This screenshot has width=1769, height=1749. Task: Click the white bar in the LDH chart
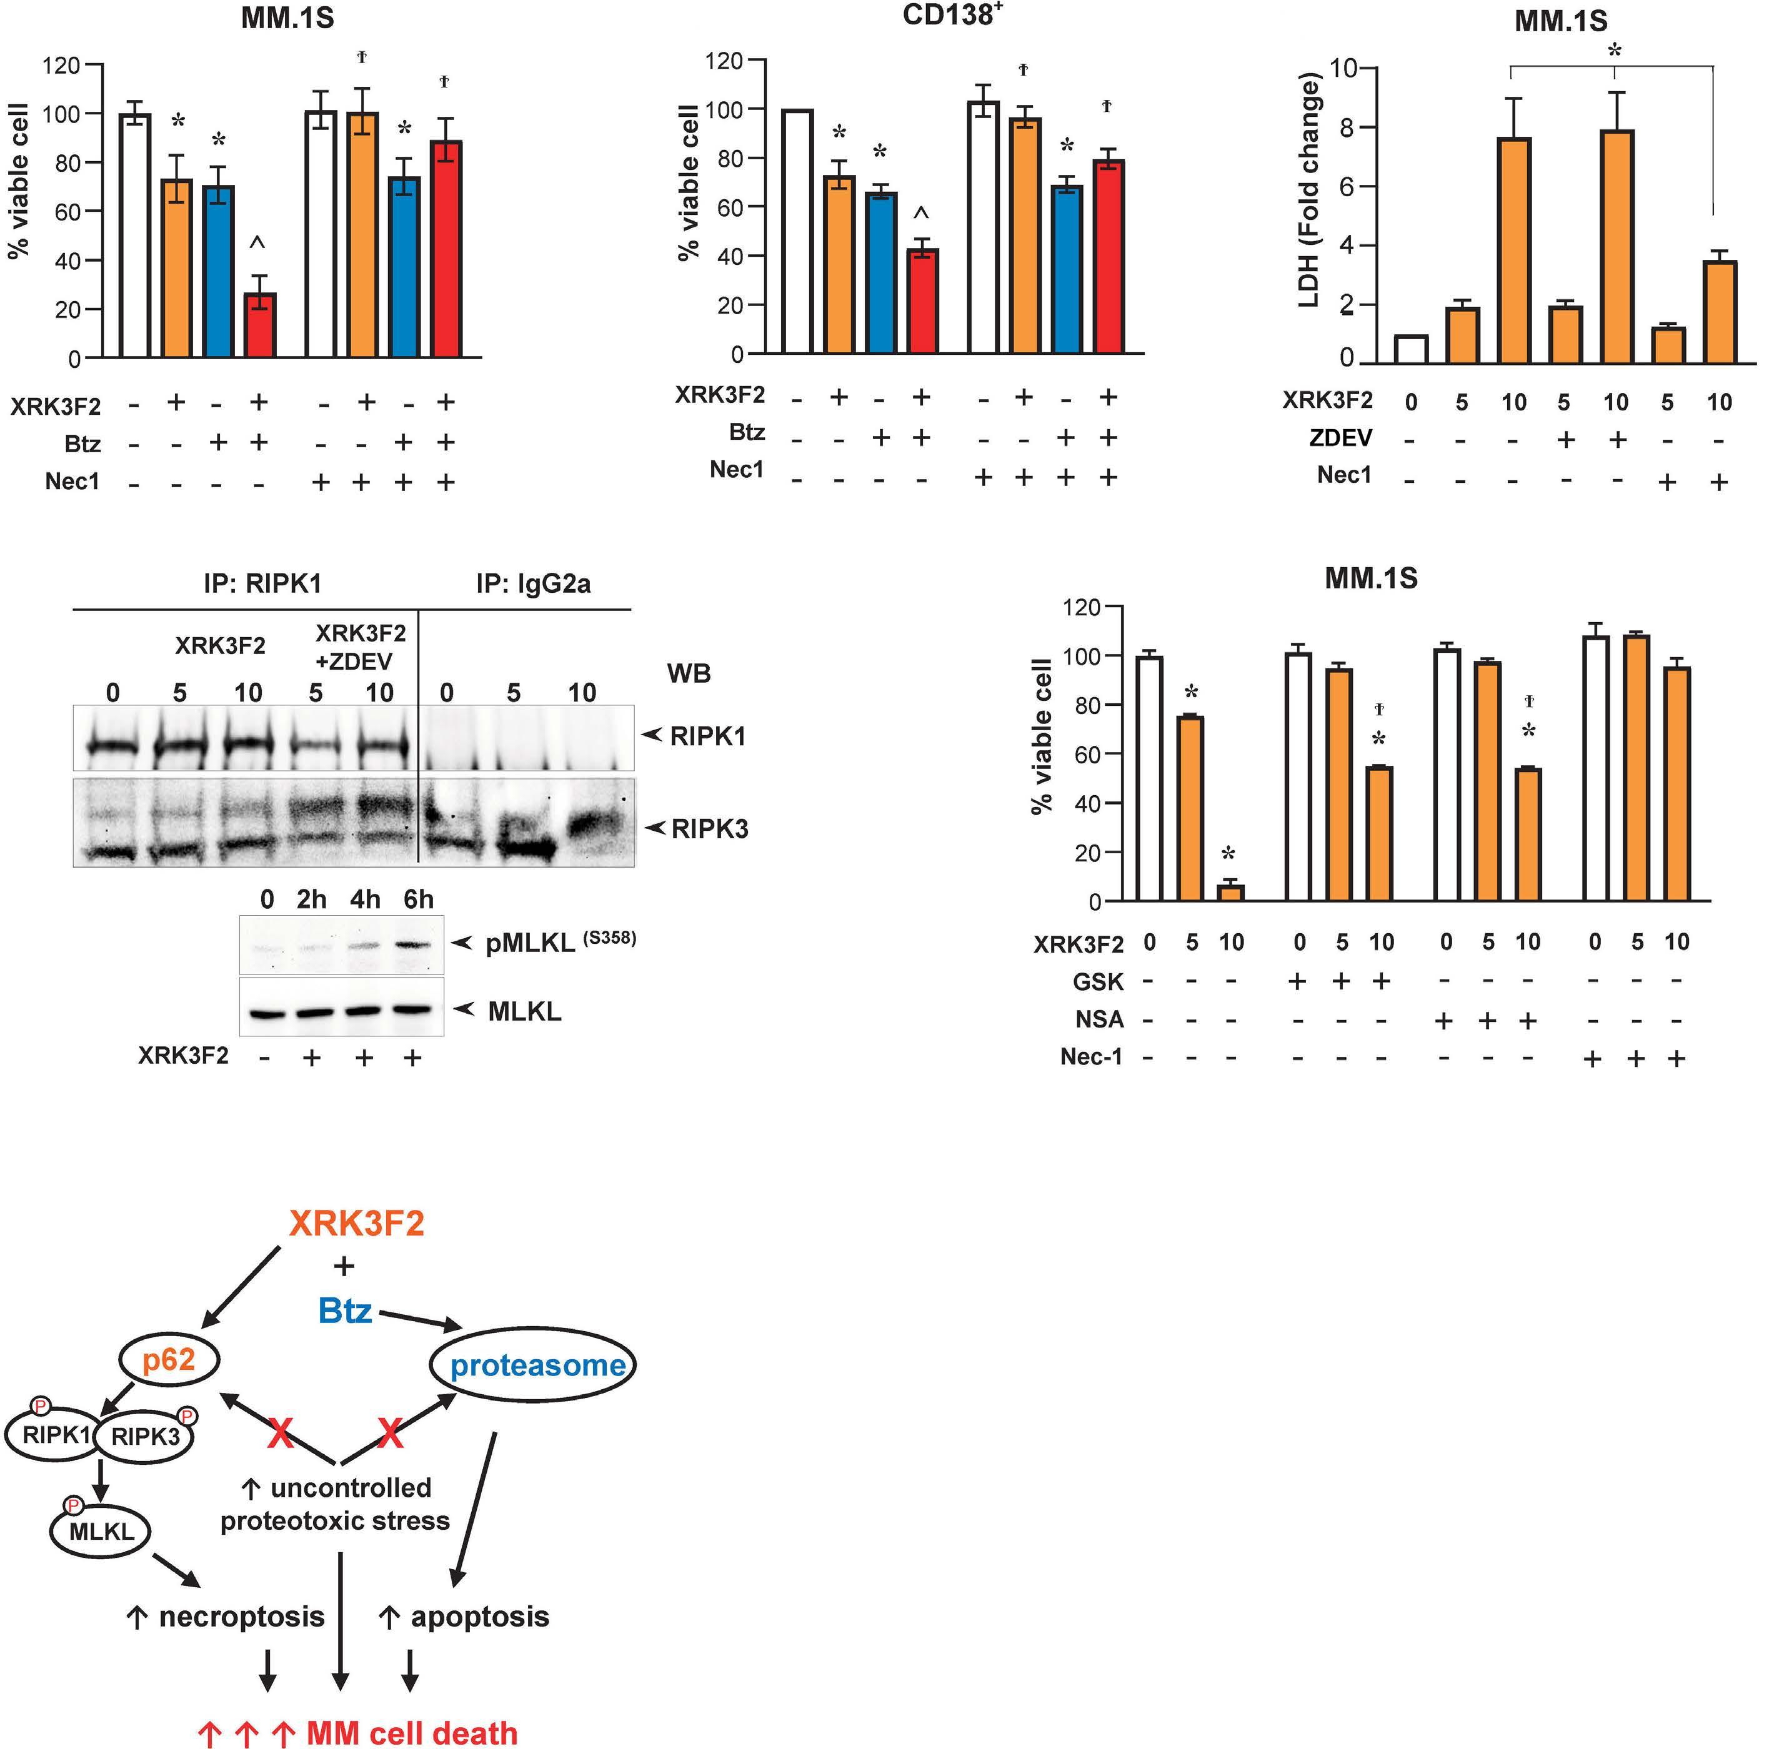[1411, 349]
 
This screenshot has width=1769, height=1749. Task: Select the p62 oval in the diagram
[169, 1360]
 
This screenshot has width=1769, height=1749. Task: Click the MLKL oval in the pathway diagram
[101, 1530]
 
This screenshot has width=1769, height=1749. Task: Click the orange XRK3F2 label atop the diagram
[356, 1224]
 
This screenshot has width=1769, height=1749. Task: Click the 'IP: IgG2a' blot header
[533, 584]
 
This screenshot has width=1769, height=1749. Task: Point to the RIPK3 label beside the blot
[710, 829]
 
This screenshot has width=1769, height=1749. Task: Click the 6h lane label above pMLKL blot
[419, 899]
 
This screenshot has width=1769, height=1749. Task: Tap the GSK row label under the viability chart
[1098, 982]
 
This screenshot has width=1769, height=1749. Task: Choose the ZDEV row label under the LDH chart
[1340, 438]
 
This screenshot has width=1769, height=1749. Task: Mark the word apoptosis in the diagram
[480, 1617]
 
